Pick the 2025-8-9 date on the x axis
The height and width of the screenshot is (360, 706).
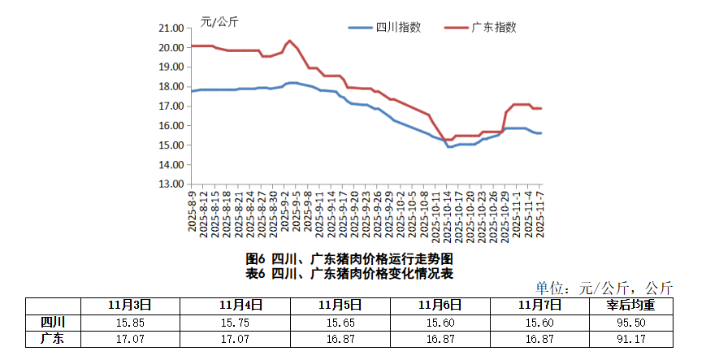click(x=193, y=212)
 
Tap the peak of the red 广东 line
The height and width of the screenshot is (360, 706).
click(x=290, y=40)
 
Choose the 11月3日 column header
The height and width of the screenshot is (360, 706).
click(x=129, y=305)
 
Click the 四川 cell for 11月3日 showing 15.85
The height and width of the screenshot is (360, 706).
click(x=129, y=322)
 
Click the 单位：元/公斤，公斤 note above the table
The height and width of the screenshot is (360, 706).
click(x=604, y=288)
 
